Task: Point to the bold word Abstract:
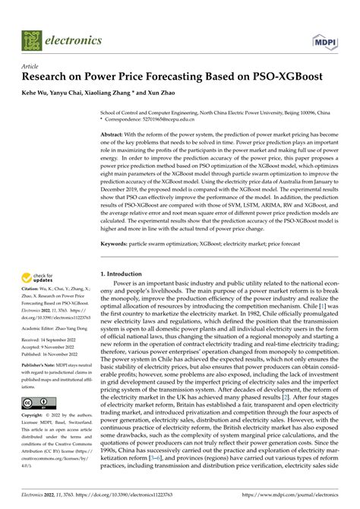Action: pos(116,134)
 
